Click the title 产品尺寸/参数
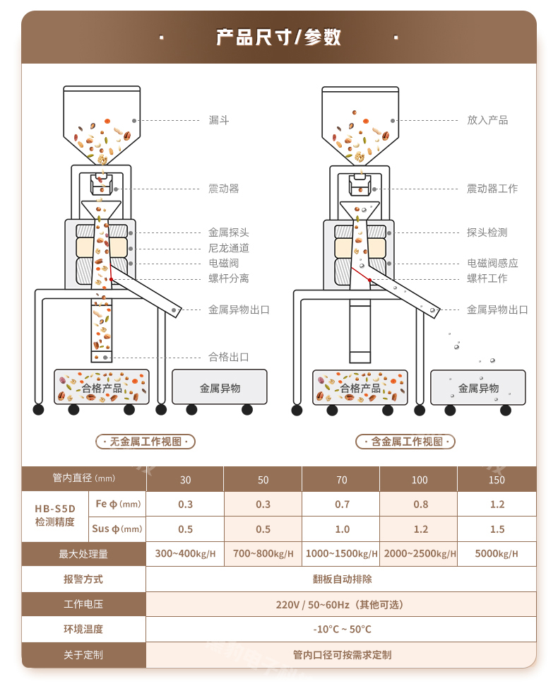point(278,37)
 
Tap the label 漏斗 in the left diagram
point(219,120)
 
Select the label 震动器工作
point(492,189)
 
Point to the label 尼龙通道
point(229,248)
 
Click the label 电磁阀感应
point(492,263)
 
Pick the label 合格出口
point(229,357)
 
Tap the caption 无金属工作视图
point(146,442)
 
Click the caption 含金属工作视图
point(405,442)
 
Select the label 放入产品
point(487,120)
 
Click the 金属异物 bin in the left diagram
point(220,388)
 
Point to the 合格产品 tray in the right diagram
point(360,388)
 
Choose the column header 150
point(497,480)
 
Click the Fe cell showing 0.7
point(341,505)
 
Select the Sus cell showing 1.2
point(419,529)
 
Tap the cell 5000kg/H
point(497,554)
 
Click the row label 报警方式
point(83,579)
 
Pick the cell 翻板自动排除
point(342,579)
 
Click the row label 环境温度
point(83,630)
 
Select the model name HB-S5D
point(55,509)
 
